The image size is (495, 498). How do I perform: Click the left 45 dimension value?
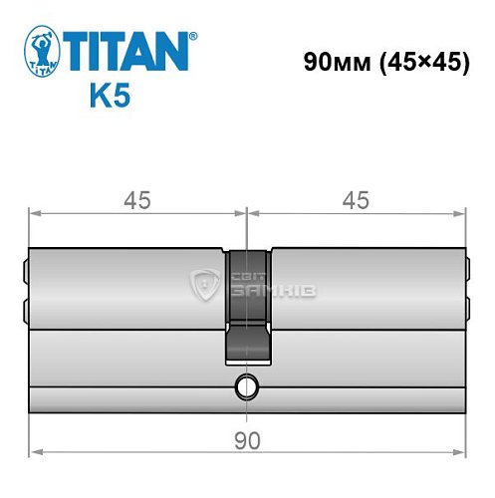coord(137,200)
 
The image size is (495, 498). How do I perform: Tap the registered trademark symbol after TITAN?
coord(193,36)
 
